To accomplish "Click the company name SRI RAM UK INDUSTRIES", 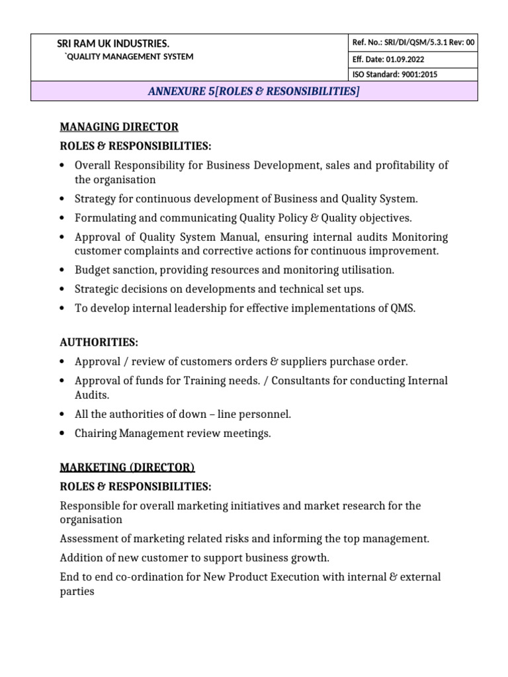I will (x=113, y=44).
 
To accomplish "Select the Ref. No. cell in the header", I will (x=413, y=43).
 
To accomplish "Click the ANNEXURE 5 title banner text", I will (x=254, y=91).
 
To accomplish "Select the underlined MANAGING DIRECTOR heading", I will (x=119, y=127).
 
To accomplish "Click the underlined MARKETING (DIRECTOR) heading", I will (x=127, y=468).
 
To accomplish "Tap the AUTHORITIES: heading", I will (x=99, y=342).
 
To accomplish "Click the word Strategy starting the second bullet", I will (x=96, y=198).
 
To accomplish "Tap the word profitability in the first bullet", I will (x=402, y=165).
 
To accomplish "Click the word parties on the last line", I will (x=77, y=591).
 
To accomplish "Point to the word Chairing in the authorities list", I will (x=95, y=434).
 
